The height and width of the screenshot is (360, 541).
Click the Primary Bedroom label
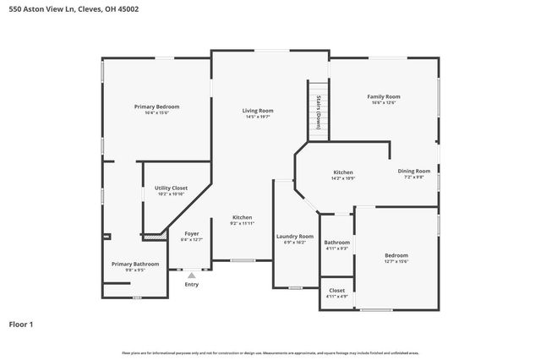click(x=156, y=106)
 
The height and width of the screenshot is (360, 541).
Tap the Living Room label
click(x=258, y=111)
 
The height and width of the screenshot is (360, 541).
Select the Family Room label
click(x=383, y=96)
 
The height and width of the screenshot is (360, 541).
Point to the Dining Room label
click(x=414, y=171)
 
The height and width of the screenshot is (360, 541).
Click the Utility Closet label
click(x=171, y=188)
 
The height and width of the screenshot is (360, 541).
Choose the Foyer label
click(x=192, y=233)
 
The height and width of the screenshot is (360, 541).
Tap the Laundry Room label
click(x=295, y=236)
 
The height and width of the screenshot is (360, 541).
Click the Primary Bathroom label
click(x=135, y=264)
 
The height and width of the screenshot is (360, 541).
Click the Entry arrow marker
click(x=192, y=275)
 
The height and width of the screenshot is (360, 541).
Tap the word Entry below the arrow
click(x=192, y=284)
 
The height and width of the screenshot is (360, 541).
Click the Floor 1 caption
click(x=21, y=324)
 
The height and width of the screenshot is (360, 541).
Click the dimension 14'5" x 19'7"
click(x=258, y=117)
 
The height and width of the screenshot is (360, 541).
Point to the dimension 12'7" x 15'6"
click(x=396, y=261)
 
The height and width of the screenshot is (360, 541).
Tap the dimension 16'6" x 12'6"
click(x=383, y=102)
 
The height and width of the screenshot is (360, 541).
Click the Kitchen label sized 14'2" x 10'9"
click(x=343, y=172)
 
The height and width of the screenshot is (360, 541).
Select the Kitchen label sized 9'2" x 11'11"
click(x=243, y=217)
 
